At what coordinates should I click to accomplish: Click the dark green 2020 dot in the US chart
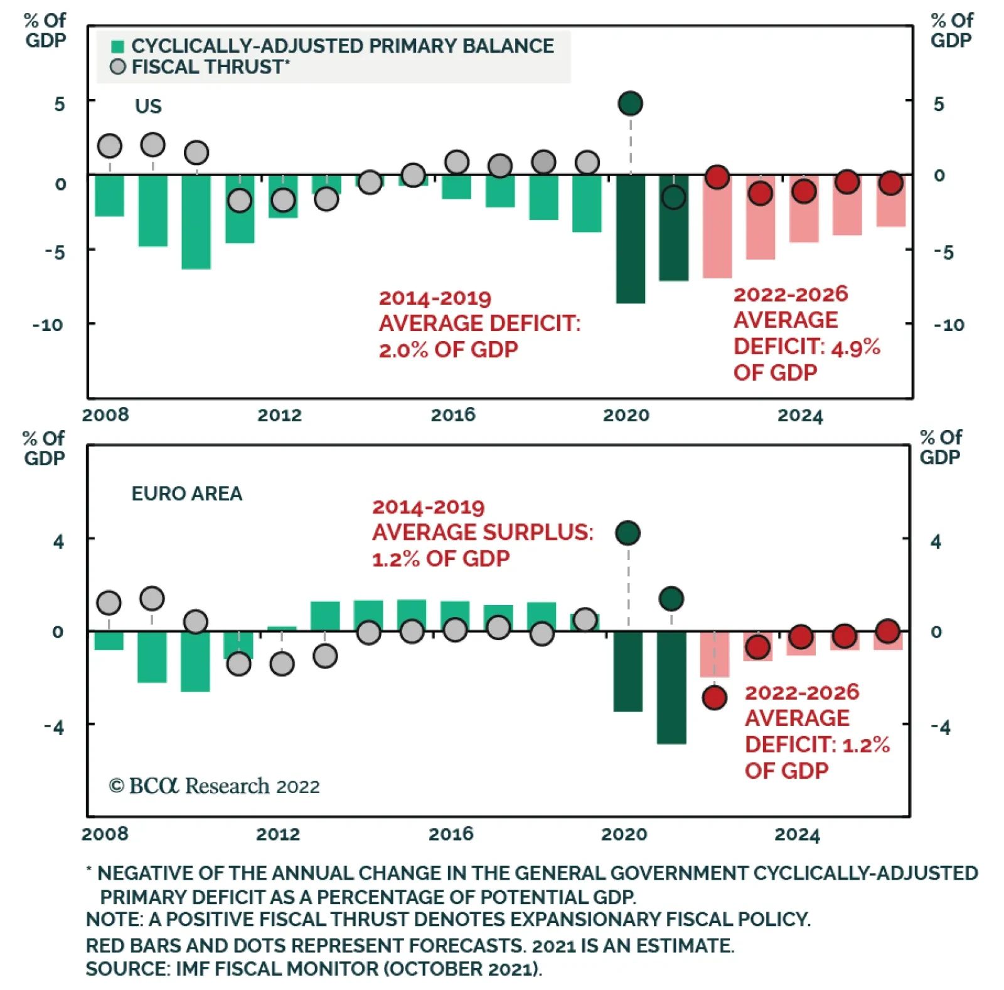click(630, 103)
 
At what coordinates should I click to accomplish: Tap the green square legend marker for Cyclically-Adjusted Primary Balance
click(117, 46)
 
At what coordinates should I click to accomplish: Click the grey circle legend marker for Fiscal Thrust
click(117, 67)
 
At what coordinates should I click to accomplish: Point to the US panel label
click(148, 107)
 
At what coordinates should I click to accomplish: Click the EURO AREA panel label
click(186, 493)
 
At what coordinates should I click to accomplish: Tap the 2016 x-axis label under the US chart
click(452, 415)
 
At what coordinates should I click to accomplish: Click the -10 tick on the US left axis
click(48, 325)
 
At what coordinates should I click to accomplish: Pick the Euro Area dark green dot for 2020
click(627, 533)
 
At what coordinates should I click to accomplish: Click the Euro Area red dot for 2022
click(714, 697)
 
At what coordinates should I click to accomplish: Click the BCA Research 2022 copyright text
click(214, 786)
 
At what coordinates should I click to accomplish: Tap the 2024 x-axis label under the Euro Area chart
click(797, 835)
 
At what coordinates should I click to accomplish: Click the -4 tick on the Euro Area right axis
click(939, 727)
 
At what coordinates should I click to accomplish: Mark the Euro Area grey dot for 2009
click(152, 598)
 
